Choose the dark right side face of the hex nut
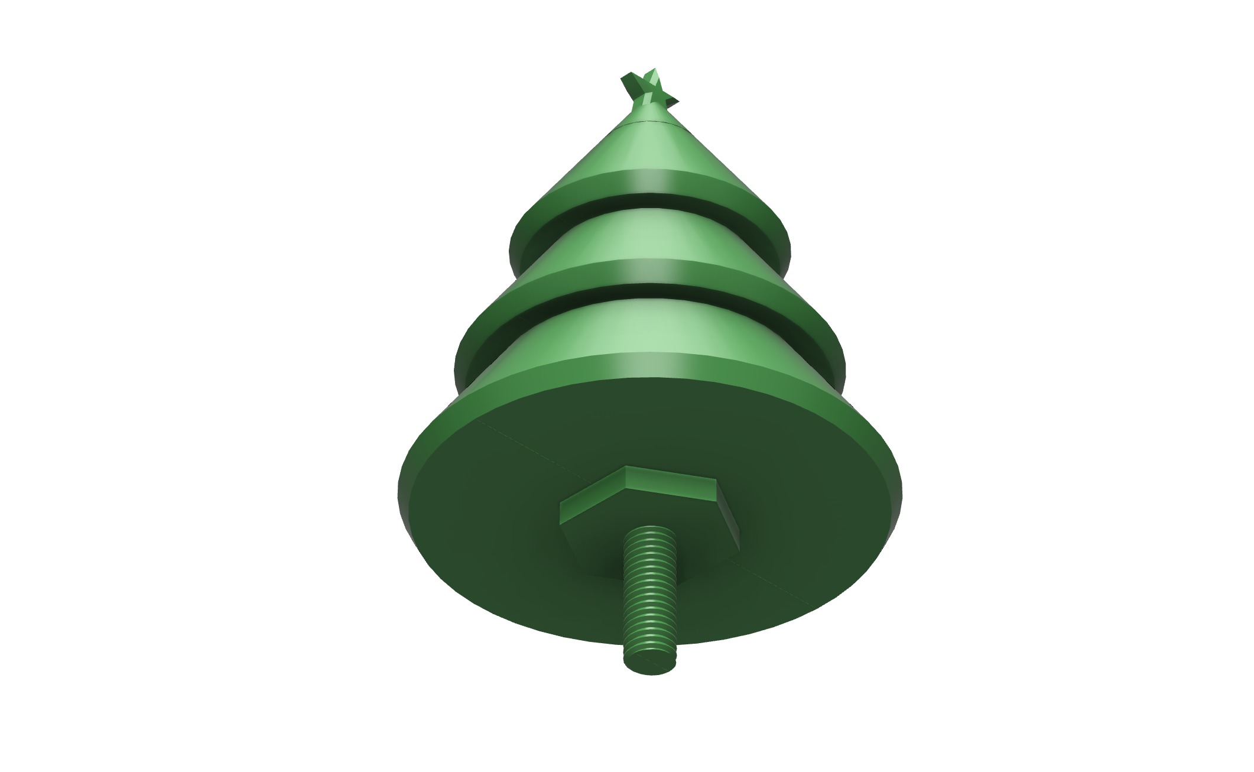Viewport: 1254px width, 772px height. tap(730, 508)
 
